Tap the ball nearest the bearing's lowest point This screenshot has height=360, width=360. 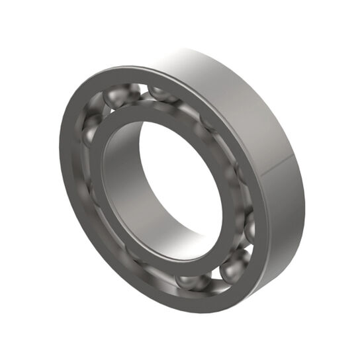192,281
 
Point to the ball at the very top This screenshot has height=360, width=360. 159,91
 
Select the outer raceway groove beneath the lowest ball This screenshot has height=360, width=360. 192,295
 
